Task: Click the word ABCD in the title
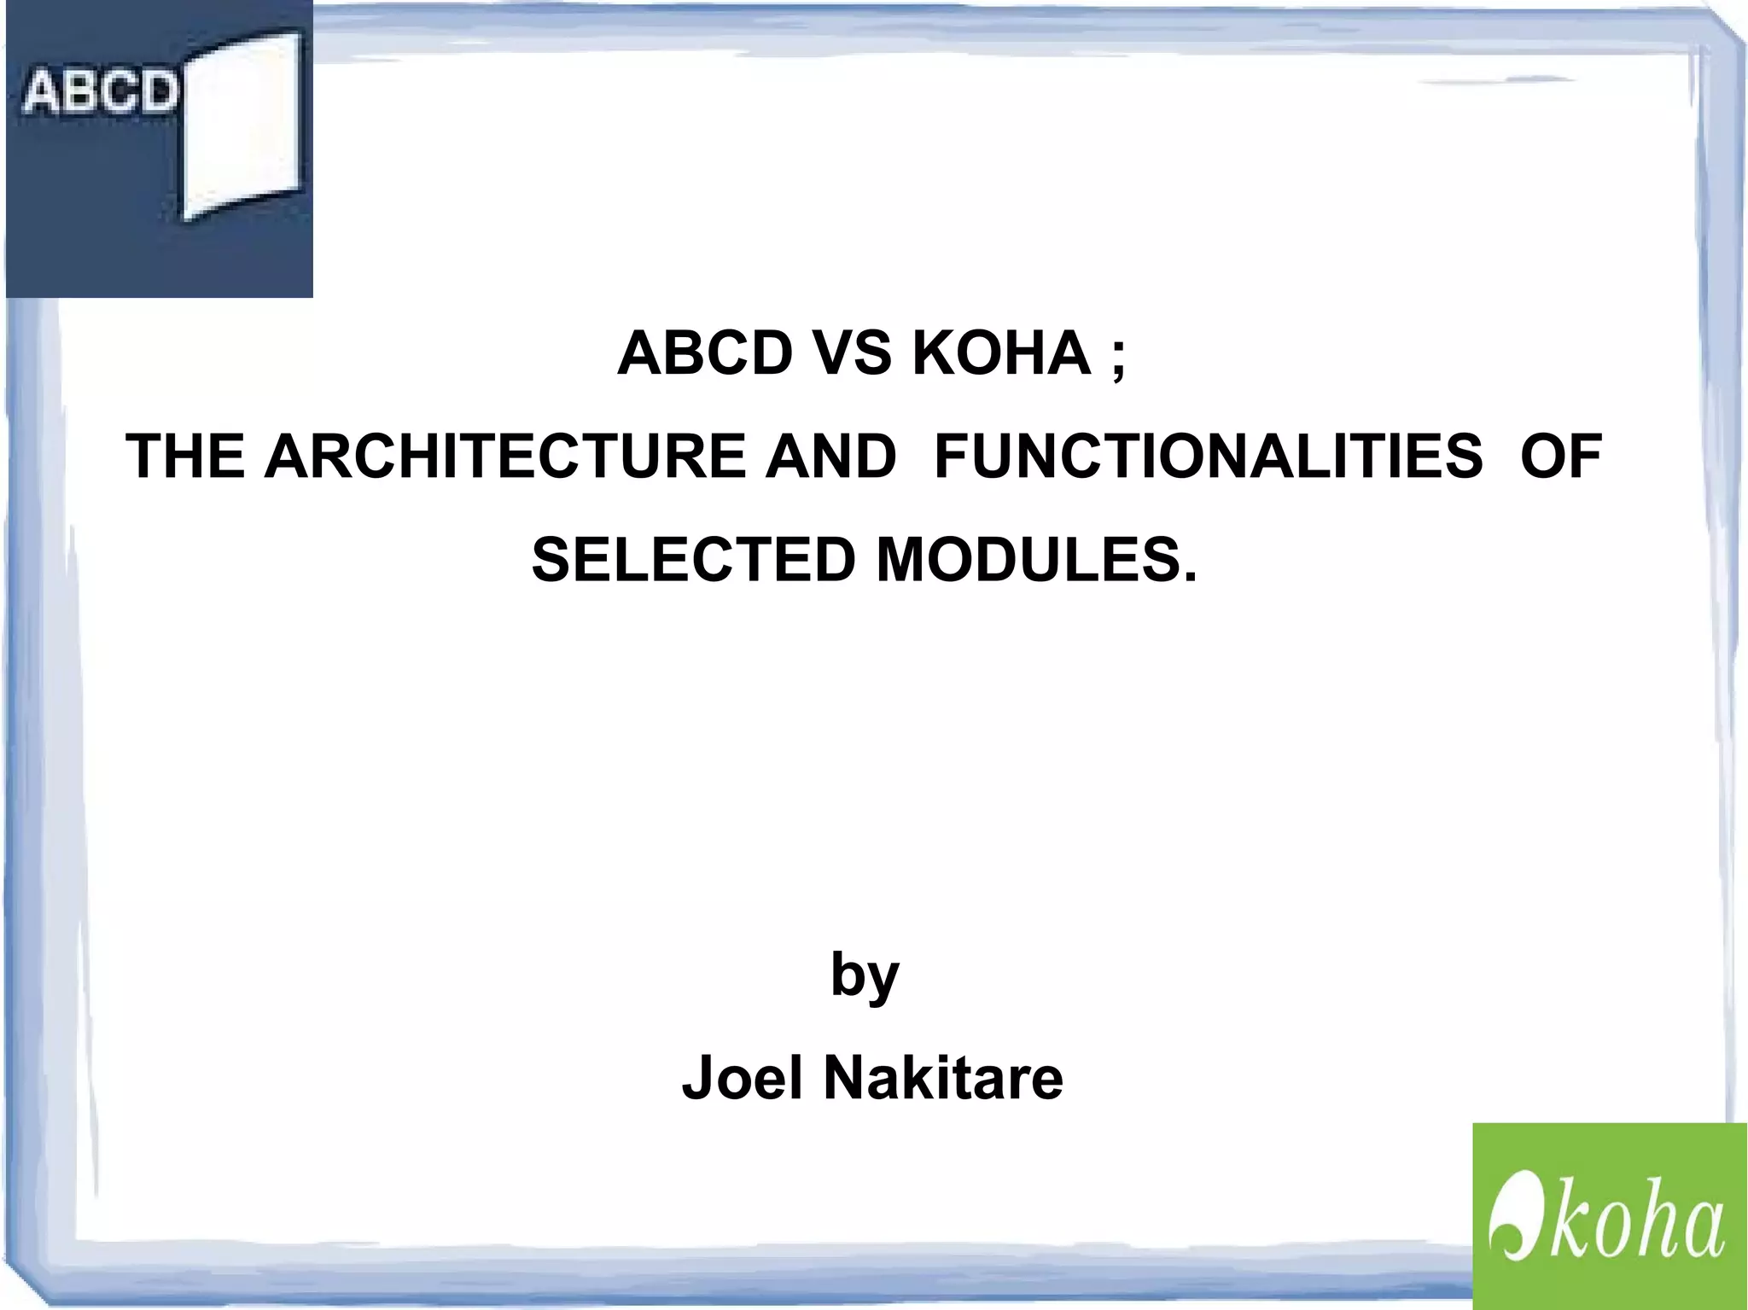pyautogui.click(x=705, y=353)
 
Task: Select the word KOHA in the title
pyautogui.click(x=1001, y=353)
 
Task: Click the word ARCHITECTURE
pyautogui.click(x=504, y=457)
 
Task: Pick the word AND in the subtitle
pyautogui.click(x=830, y=457)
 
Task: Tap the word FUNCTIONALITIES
pyautogui.click(x=1209, y=457)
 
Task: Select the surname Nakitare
pyautogui.click(x=943, y=1078)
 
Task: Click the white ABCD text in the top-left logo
pyautogui.click(x=99, y=91)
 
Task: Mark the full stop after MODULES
pyautogui.click(x=1191, y=578)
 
